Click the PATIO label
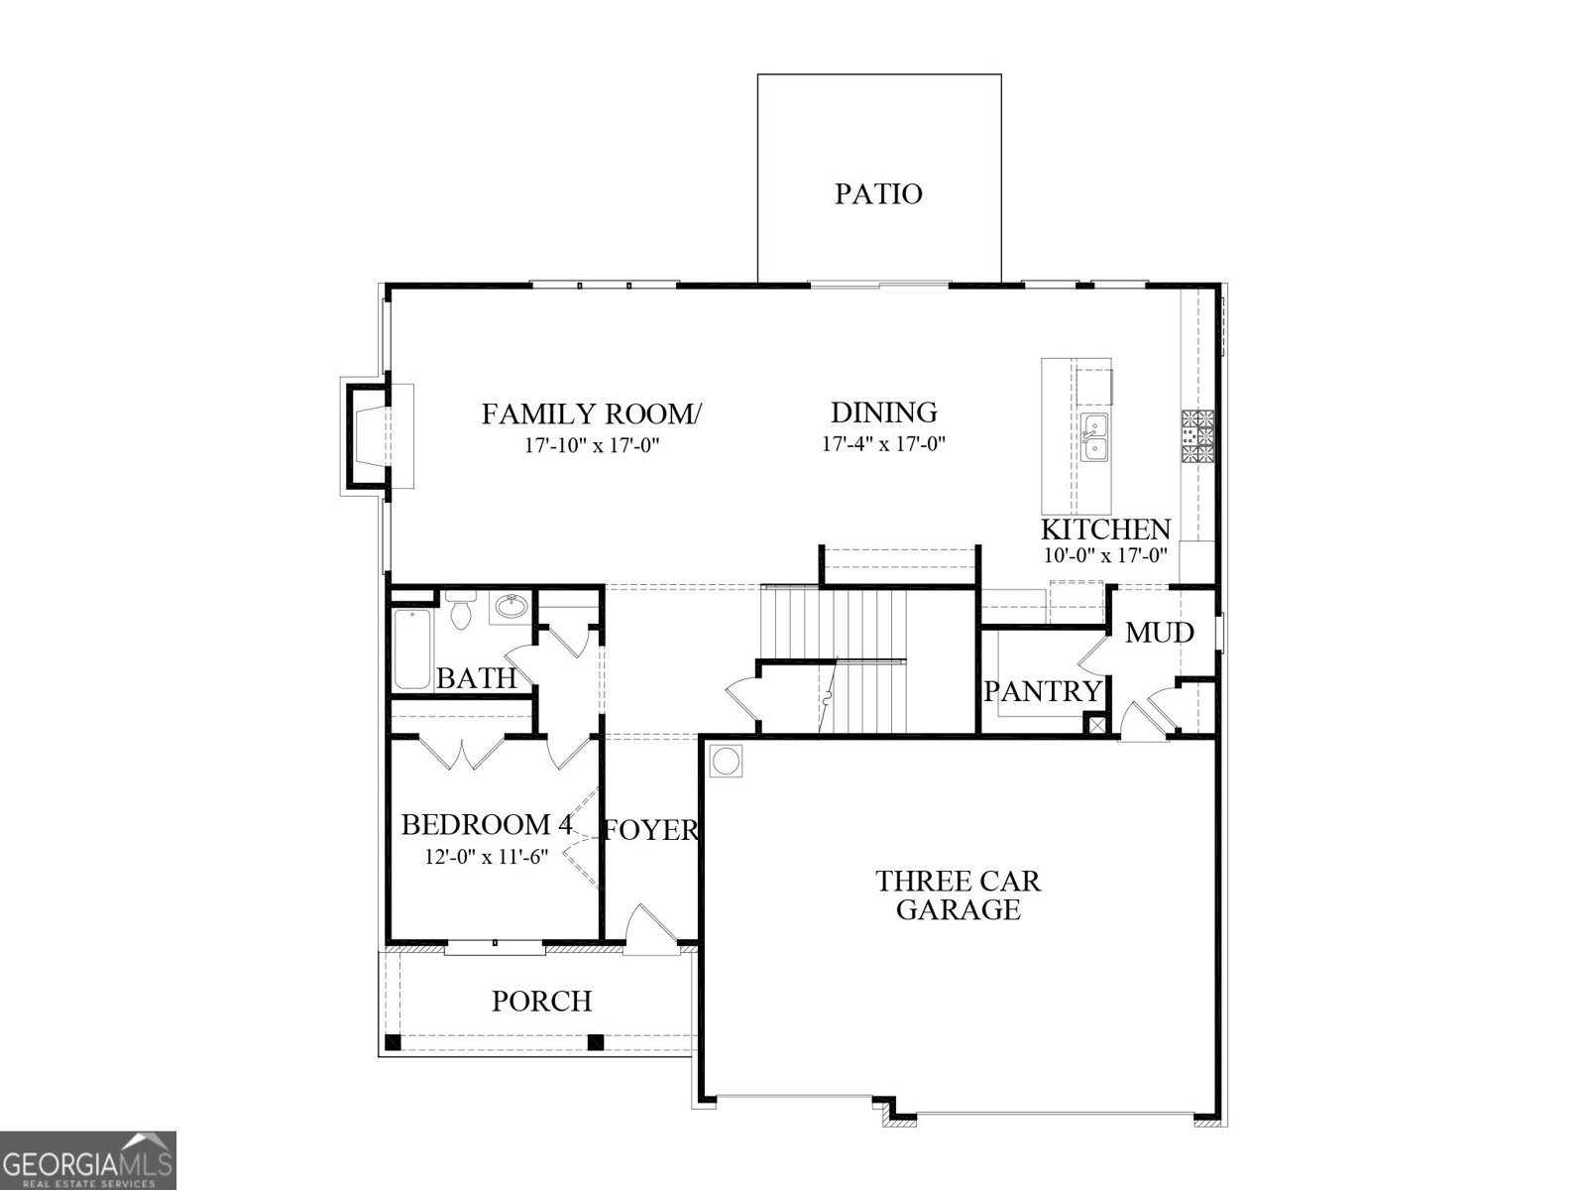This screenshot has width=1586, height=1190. pyautogui.click(x=878, y=193)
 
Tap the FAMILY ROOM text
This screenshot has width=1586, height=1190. pyautogui.click(x=591, y=414)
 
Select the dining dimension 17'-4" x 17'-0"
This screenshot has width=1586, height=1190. pyautogui.click(x=883, y=444)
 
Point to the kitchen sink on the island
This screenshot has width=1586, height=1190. pyautogui.click(x=1094, y=439)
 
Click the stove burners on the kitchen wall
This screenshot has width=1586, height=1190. pyautogui.click(x=1198, y=436)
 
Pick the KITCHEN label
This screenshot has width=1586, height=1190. pyautogui.click(x=1105, y=530)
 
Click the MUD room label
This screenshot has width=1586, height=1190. pyautogui.click(x=1159, y=632)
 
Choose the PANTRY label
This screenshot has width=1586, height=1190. pyautogui.click(x=1042, y=691)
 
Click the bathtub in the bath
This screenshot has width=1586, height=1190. pyautogui.click(x=412, y=650)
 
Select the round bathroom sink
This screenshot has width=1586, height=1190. pyautogui.click(x=511, y=605)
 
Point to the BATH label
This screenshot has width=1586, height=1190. pyautogui.click(x=477, y=678)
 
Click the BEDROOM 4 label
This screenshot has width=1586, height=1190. pyautogui.click(x=486, y=825)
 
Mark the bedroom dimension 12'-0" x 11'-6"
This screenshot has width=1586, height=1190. pyautogui.click(x=486, y=857)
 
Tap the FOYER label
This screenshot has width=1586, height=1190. pyautogui.click(x=651, y=830)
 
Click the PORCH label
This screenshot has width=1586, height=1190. pyautogui.click(x=542, y=1002)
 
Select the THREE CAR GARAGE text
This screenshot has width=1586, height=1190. pyautogui.click(x=959, y=894)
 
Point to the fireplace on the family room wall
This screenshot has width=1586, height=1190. pyautogui.click(x=364, y=436)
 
